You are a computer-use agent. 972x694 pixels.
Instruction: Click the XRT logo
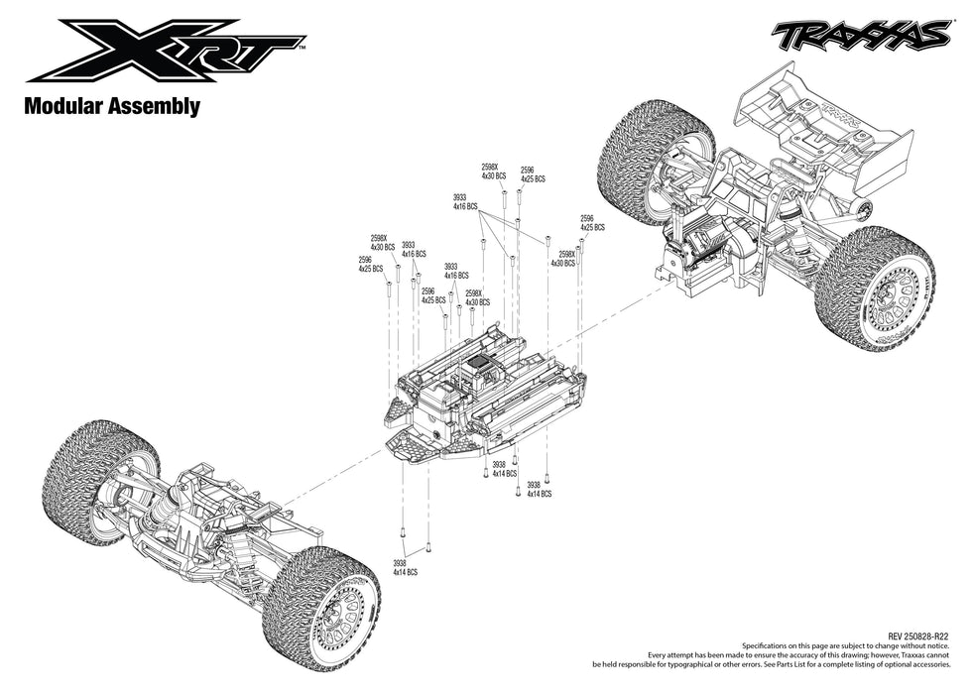click(x=164, y=50)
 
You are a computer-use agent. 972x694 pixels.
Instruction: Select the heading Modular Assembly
click(x=112, y=106)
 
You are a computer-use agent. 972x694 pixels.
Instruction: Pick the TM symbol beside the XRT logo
click(x=302, y=47)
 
